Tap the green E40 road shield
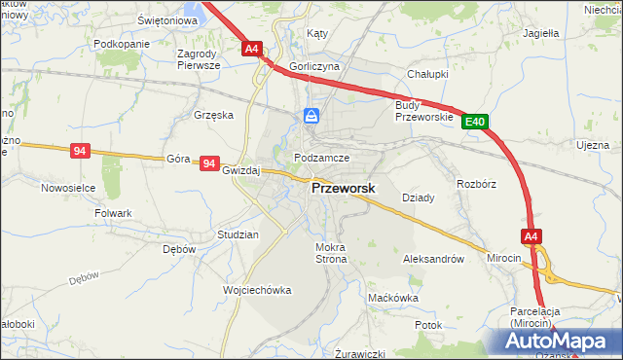pyautogui.click(x=475, y=122)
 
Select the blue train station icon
pyautogui.click(x=311, y=117)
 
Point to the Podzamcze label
pyautogui.click(x=321, y=158)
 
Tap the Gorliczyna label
pyautogui.click(x=314, y=66)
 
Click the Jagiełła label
pyautogui.click(x=540, y=32)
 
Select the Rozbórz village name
pyautogui.click(x=477, y=183)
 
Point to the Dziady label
pyautogui.click(x=418, y=198)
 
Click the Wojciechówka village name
pyautogui.click(x=257, y=291)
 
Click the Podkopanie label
pyautogui.click(x=122, y=45)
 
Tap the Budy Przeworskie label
pyautogui.click(x=424, y=111)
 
